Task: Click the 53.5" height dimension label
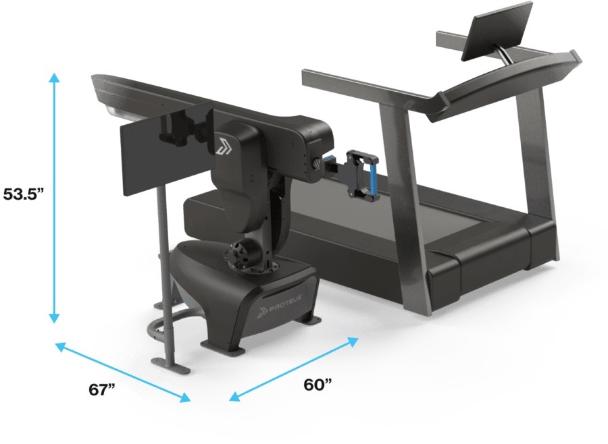[24, 194]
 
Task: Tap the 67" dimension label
[102, 389]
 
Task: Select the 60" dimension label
[318, 385]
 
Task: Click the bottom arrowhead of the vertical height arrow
[54, 318]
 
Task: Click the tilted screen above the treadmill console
[497, 31]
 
